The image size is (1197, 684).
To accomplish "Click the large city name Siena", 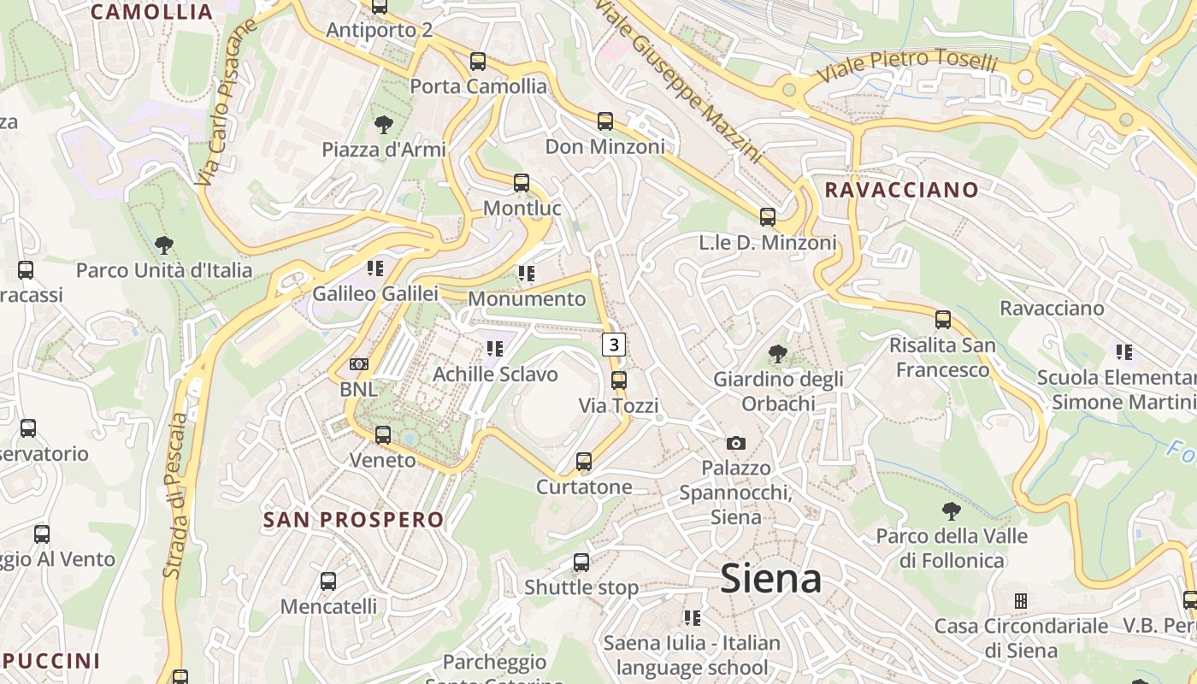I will pyautogui.click(x=771, y=579).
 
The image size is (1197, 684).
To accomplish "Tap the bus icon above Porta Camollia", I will pyautogui.click(x=478, y=62).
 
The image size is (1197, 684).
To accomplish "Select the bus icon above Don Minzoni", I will pyautogui.click(x=605, y=121).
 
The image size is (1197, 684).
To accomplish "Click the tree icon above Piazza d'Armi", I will pyautogui.click(x=384, y=125).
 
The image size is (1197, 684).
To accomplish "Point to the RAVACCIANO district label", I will pyautogui.click(x=901, y=190).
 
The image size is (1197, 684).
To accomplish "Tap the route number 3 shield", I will pyautogui.click(x=614, y=345).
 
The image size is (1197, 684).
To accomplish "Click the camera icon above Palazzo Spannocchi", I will pyautogui.click(x=735, y=443).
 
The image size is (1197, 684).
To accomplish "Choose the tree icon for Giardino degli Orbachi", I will pyautogui.click(x=778, y=353).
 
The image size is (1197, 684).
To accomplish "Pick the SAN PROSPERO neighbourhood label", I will pyautogui.click(x=354, y=520).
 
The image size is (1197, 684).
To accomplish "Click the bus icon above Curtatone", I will pyautogui.click(x=584, y=462).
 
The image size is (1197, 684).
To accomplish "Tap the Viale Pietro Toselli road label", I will pyautogui.click(x=908, y=67).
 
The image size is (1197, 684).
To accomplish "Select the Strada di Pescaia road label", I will pyautogui.click(x=175, y=496).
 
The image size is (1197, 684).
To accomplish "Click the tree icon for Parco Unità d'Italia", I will pyautogui.click(x=164, y=245).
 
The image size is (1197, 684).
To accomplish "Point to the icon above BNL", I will pyautogui.click(x=359, y=364).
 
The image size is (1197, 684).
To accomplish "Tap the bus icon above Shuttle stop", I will pyautogui.click(x=581, y=563).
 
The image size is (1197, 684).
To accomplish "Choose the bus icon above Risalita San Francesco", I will pyautogui.click(x=943, y=320).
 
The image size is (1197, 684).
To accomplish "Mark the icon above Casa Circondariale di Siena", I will pyautogui.click(x=1021, y=600).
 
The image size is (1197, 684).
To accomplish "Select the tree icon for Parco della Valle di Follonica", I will pyautogui.click(x=952, y=511).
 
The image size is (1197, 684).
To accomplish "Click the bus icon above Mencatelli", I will pyautogui.click(x=328, y=581).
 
